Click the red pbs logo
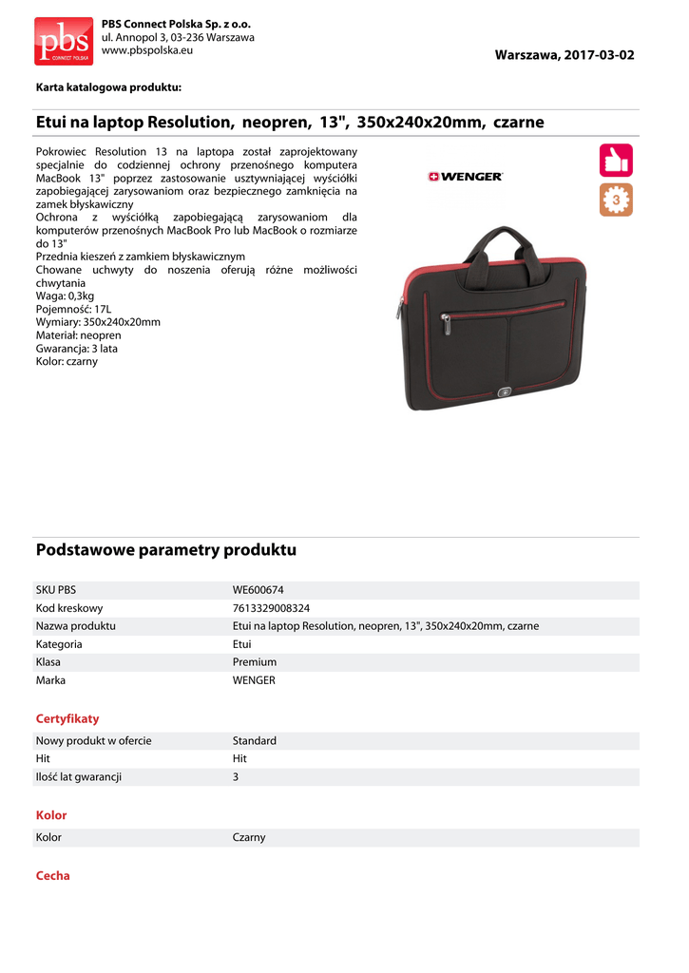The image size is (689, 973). tap(64, 41)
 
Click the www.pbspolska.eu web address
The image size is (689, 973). tap(146, 49)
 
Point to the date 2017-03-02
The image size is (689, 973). tap(598, 55)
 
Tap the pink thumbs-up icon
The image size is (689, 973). tap(616, 160)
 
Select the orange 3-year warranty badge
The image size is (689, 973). tap(616, 200)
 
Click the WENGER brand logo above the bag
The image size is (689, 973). tap(466, 176)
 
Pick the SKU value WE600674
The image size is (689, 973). tap(258, 590)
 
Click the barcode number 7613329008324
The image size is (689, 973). tap(271, 608)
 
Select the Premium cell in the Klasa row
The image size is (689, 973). tap(255, 662)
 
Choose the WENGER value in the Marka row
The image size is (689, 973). tap(254, 680)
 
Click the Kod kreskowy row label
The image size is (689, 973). tap(68, 608)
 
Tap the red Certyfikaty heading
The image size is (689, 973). tap(67, 719)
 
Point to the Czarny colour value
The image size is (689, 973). tap(249, 838)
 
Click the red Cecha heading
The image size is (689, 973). tap(53, 876)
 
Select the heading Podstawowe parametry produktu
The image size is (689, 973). tap(166, 550)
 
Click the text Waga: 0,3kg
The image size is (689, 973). tap(65, 296)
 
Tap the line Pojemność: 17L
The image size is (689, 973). tap(73, 310)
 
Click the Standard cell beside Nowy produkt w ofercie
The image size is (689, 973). tap(255, 741)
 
